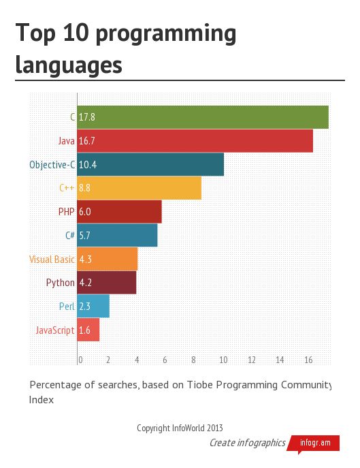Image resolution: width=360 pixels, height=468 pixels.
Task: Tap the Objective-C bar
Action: pos(150,165)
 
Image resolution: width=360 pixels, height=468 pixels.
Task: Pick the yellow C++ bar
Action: pos(140,188)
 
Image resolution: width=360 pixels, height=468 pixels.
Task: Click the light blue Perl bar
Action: pos(93,307)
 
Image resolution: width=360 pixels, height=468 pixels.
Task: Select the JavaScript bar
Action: pos(88,330)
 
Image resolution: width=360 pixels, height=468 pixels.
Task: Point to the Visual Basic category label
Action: pos(52,260)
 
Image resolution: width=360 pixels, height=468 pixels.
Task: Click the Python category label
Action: pos(61,283)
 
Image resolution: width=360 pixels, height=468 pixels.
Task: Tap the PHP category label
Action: pos(67,212)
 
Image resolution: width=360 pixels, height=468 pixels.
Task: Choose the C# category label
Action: pos(69,236)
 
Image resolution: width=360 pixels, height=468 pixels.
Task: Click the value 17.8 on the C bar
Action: pos(87,117)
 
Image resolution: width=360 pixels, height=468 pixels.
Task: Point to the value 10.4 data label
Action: pos(88,165)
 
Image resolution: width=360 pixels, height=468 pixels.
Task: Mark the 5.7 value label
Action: pos(85,236)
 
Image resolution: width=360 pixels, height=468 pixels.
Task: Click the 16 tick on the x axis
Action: pos(308,360)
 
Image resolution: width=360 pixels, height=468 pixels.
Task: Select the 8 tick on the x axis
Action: pos(194,360)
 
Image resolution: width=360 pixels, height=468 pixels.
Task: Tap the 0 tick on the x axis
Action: pos(80,360)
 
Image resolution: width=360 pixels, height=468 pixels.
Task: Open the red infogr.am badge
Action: pos(315,443)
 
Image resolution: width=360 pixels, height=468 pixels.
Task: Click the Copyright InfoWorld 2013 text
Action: pos(180,428)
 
